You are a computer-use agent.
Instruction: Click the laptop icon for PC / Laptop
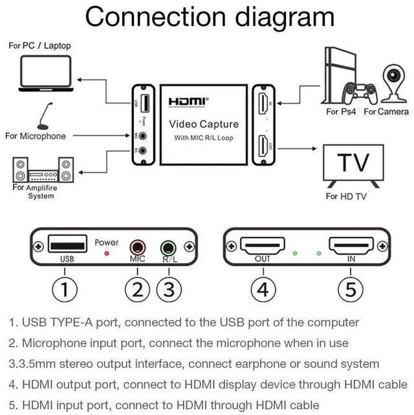(45, 73)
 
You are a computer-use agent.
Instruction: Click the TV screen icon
(353, 164)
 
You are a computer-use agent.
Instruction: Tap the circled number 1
(64, 289)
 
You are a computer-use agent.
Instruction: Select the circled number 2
(136, 289)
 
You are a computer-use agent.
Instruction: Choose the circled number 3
(168, 289)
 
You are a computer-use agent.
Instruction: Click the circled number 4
(262, 289)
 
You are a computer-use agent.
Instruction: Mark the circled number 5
(351, 289)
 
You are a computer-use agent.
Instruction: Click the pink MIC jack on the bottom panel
(137, 247)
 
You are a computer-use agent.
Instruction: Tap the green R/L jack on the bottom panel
(168, 247)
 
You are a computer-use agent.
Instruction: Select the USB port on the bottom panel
(68, 245)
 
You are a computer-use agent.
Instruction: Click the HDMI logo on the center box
(188, 102)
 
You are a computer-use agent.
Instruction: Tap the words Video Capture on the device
(204, 124)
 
